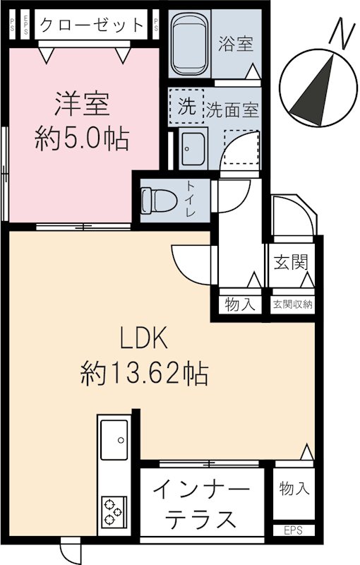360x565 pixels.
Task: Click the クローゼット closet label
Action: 91,25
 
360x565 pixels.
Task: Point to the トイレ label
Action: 191,200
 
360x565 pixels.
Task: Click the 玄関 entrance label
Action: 290,263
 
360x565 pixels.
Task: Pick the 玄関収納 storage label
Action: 293,305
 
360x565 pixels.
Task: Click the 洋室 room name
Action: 82,106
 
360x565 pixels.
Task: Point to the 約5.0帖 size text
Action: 82,139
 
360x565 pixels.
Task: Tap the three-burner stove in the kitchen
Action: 114,511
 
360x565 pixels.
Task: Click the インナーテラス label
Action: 200,505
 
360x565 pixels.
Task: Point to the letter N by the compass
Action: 343,33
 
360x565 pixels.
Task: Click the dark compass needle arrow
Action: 316,90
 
